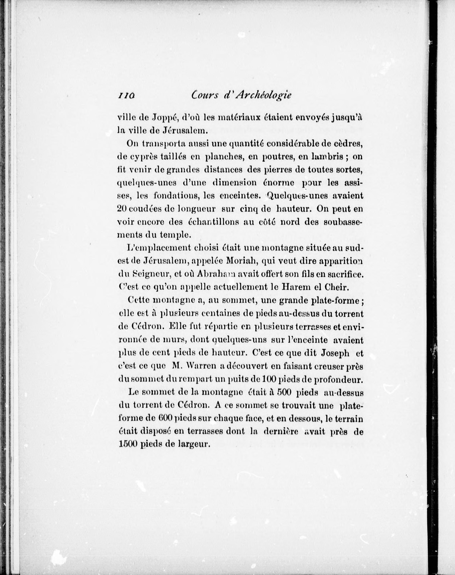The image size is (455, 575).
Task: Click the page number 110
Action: click(126, 96)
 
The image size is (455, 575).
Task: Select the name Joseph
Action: click(335, 353)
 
